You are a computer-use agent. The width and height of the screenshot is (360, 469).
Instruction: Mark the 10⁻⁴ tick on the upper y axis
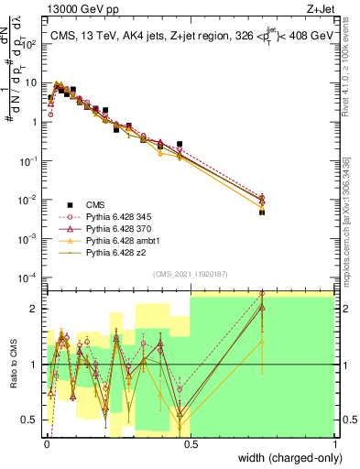[x=31, y=278]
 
